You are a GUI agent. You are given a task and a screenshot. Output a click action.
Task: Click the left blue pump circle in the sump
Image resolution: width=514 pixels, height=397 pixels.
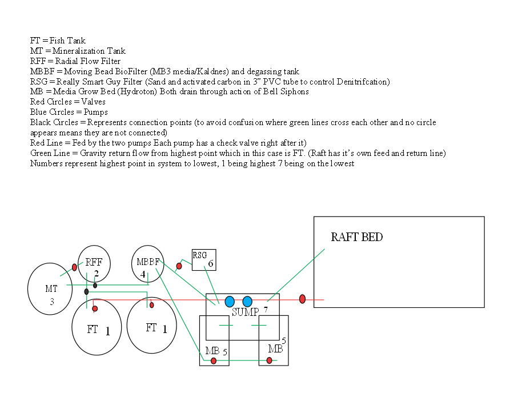click(230, 302)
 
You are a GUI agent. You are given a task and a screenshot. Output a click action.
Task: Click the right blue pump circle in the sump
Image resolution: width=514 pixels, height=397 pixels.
click(247, 302)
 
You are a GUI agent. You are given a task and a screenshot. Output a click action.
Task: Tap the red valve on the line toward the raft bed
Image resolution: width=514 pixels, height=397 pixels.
click(303, 299)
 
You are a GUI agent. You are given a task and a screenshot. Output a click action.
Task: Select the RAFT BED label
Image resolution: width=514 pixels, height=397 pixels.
click(357, 237)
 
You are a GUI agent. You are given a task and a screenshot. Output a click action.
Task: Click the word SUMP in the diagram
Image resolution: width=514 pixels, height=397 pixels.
click(245, 312)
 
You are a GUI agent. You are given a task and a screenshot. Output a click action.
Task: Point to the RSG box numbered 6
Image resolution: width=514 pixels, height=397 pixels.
click(204, 259)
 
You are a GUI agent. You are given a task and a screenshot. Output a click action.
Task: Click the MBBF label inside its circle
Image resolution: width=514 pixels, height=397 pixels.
click(147, 262)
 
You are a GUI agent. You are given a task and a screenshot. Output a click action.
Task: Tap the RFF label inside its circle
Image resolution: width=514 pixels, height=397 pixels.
click(94, 263)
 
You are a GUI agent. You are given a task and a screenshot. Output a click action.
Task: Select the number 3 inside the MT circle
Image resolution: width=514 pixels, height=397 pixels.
click(52, 302)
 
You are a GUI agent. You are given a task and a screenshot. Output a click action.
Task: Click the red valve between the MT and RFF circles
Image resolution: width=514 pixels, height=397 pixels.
click(74, 267)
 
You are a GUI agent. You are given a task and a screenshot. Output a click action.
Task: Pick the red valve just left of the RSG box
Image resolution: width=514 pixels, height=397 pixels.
click(179, 266)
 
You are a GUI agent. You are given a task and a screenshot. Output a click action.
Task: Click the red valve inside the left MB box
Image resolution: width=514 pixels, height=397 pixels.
click(214, 360)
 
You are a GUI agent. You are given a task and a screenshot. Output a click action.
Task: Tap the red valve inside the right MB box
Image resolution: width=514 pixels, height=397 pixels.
click(269, 360)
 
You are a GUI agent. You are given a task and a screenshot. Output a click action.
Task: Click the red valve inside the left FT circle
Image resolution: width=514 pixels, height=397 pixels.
click(95, 308)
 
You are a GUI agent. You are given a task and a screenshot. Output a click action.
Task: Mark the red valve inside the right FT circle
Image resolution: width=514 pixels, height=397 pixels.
click(151, 305)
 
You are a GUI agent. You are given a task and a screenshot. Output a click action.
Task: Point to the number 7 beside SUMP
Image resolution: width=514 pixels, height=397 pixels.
click(266, 310)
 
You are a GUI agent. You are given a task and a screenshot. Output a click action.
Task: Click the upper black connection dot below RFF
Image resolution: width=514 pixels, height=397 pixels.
click(95, 285)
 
